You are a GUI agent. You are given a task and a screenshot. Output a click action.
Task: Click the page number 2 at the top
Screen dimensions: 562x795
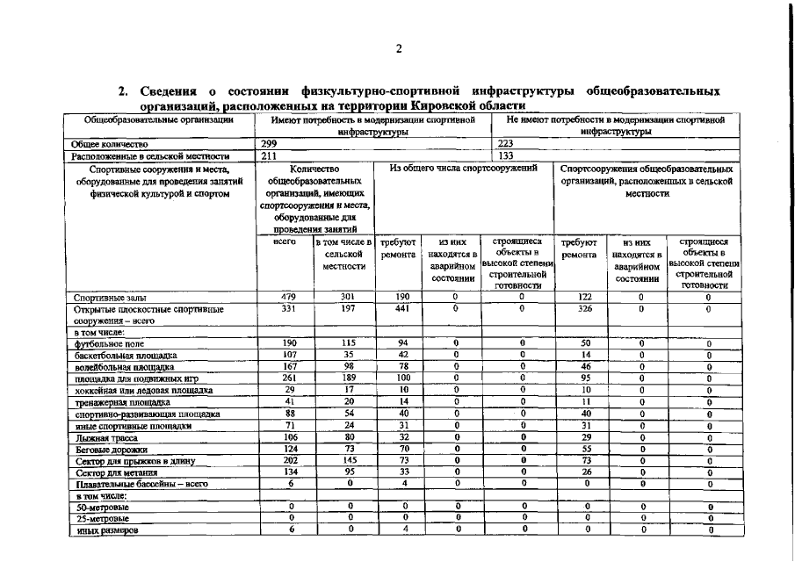point(398,49)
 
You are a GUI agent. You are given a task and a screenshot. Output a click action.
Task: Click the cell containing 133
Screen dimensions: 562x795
point(505,155)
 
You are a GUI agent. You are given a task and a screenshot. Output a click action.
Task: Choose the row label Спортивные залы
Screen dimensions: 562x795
point(110,298)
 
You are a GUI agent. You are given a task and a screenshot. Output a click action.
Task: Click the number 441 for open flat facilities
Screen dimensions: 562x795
point(401,308)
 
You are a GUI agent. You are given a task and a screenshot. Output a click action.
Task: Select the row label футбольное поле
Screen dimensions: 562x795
point(109,344)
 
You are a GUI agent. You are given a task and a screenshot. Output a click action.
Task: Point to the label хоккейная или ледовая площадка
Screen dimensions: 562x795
point(143,390)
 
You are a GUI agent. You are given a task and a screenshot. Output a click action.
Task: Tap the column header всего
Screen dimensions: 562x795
point(284,241)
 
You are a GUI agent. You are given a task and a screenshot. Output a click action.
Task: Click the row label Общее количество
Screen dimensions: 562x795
point(110,144)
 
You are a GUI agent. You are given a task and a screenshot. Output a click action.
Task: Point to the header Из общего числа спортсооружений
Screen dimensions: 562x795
point(464,167)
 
